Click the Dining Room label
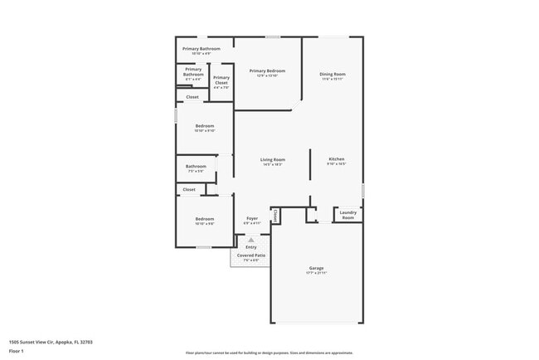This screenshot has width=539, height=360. click(333, 75)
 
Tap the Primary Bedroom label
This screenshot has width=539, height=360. click(267, 71)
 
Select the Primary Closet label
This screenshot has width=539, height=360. click(221, 80)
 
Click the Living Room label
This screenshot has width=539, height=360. click(273, 159)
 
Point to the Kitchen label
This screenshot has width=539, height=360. click(336, 159)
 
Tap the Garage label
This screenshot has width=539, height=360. click(316, 268)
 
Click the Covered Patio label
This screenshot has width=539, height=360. click(251, 255)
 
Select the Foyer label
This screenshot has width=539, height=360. click(251, 219)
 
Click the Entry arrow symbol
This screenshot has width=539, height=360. click(251, 240)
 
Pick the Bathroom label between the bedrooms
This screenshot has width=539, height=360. click(196, 166)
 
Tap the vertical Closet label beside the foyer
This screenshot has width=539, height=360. click(274, 216)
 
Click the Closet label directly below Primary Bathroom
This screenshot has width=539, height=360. click(192, 97)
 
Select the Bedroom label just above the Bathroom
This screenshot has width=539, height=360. click(204, 126)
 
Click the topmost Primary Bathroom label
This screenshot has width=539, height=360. click(201, 49)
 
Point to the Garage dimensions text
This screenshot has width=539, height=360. click(316, 273)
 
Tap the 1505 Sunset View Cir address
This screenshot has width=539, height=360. click(51, 341)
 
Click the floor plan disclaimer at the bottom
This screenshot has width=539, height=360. click(269, 353)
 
